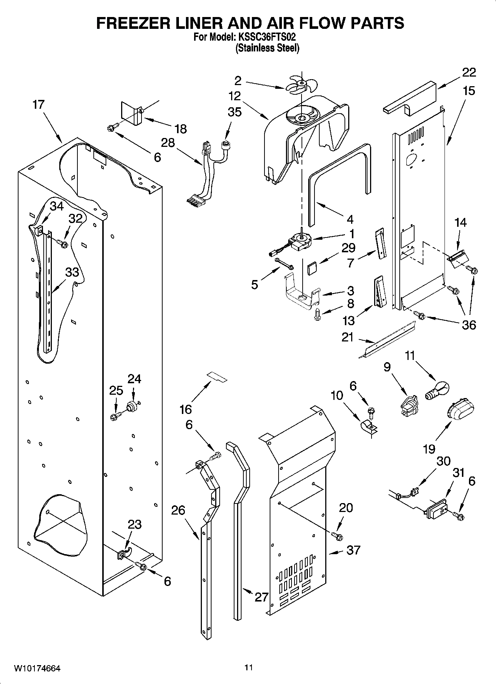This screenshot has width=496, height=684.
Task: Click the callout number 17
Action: tap(38, 105)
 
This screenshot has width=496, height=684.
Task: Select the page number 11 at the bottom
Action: tap(248, 667)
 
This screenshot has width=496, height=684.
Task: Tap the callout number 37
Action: tap(353, 550)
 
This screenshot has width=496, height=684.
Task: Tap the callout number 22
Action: tap(469, 72)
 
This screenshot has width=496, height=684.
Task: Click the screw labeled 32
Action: tap(63, 244)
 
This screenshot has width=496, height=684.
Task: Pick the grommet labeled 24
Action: tap(132, 406)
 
